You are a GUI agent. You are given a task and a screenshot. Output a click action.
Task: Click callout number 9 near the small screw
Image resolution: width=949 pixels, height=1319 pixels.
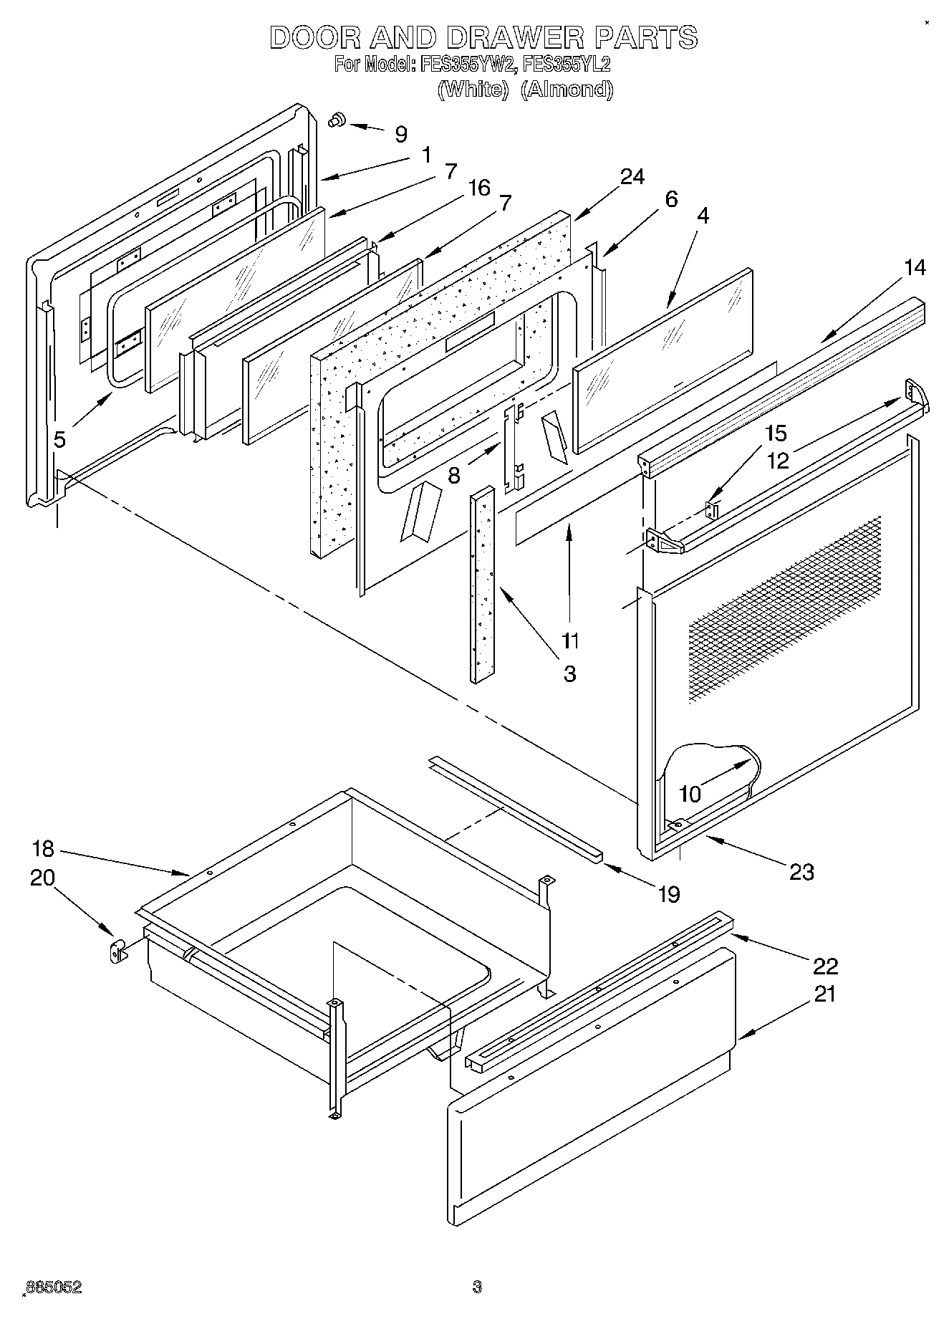coord(401,134)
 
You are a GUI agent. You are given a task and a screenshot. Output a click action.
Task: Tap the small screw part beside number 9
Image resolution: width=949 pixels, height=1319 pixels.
coord(337,121)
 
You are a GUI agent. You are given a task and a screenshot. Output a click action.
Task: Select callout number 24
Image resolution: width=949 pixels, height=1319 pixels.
coord(632,176)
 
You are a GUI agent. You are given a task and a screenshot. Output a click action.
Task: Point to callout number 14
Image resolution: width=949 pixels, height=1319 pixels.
coord(915,268)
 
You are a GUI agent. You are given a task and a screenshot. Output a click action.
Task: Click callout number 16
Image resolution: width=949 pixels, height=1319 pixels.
coord(478,188)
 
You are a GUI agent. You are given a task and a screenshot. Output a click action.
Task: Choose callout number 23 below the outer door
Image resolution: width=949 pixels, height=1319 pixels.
coord(801,872)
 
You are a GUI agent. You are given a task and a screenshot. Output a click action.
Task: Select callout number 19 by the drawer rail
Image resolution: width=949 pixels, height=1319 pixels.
coord(668,894)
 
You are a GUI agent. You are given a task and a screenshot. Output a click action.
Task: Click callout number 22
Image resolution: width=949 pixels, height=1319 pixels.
coord(825,967)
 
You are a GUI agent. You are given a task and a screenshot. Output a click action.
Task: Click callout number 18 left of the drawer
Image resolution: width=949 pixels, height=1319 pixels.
coord(42,849)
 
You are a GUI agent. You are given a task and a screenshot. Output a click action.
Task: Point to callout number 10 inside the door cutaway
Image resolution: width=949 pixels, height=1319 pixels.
coord(690,793)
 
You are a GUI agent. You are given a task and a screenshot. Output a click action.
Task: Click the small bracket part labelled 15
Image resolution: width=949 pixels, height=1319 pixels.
coord(711,510)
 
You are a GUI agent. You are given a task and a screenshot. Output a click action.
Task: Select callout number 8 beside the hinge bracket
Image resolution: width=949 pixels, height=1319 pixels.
coord(453,475)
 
